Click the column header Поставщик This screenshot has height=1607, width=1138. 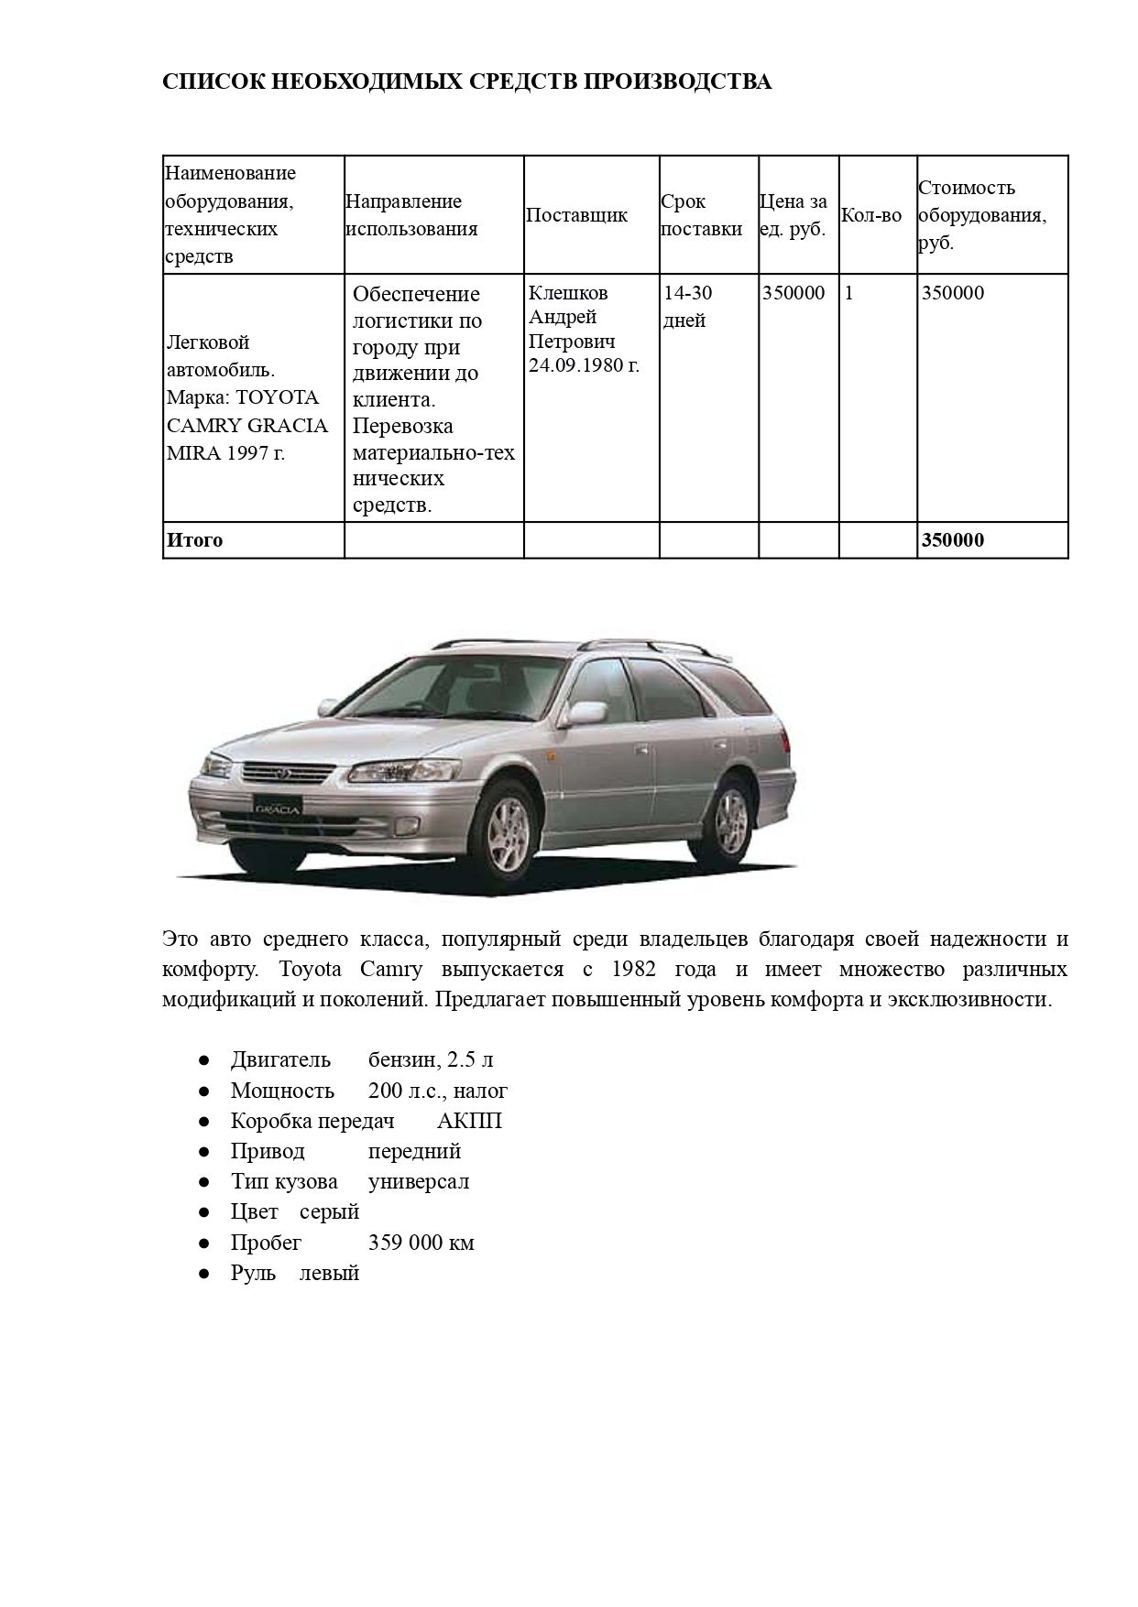click(576, 215)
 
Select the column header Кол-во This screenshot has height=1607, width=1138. click(870, 215)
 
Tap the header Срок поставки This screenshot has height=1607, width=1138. click(701, 215)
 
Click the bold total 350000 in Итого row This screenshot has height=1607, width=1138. click(953, 540)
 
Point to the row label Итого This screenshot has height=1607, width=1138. click(194, 540)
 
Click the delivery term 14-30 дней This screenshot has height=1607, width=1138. click(688, 307)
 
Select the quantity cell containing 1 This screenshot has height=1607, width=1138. click(848, 293)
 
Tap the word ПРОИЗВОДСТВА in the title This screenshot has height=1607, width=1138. click(677, 82)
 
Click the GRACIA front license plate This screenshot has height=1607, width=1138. click(278, 809)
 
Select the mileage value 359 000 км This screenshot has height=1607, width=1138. click(421, 1243)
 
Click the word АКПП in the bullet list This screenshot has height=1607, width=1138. click(470, 1121)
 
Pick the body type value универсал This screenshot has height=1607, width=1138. click(419, 1181)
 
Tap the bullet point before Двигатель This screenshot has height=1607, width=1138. click(205, 1060)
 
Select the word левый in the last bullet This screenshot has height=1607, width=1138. click(330, 1273)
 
